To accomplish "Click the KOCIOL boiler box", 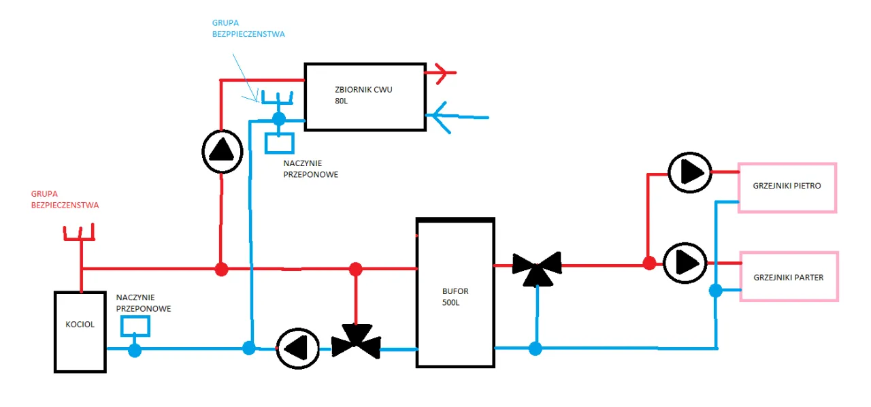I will [x=80, y=331].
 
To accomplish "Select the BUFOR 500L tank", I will [x=455, y=293].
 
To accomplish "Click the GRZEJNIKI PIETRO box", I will [x=787, y=187].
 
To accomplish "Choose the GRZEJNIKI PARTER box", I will [x=789, y=276].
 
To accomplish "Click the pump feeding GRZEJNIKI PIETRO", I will [x=689, y=172].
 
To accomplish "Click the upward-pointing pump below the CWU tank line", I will [x=222, y=152].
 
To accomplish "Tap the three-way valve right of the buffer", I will [x=537, y=268].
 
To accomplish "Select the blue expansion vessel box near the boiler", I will [x=135, y=326].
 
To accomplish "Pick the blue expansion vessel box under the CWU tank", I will [x=279, y=143].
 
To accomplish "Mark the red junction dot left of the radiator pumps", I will [x=649, y=263].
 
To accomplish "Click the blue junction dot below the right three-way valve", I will [x=536, y=348].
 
